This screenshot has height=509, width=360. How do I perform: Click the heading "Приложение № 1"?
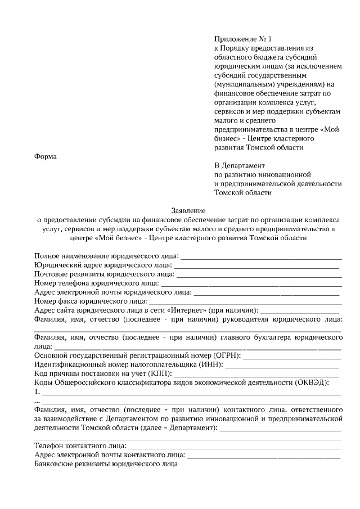click(242, 39)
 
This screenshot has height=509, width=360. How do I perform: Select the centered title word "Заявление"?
click(188, 210)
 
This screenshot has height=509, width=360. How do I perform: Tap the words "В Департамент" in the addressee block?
click(239, 165)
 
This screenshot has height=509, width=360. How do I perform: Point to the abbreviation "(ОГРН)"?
click(227, 356)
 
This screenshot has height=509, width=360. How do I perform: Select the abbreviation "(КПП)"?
click(160, 374)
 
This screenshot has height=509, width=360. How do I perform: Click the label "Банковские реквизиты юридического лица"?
click(106, 465)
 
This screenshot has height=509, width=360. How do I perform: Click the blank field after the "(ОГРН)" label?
click(292, 356)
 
